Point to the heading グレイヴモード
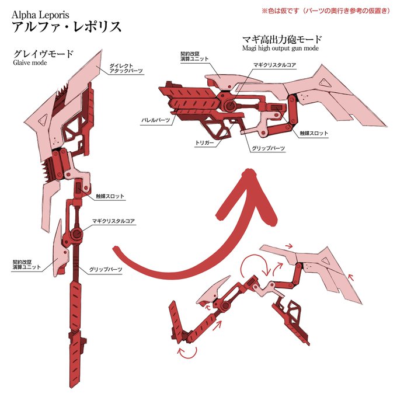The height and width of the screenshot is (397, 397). point(44,54)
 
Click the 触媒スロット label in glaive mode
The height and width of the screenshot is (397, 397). point(110,197)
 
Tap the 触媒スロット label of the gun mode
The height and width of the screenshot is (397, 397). point(314,134)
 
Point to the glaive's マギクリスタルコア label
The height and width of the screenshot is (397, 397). point(114,222)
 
